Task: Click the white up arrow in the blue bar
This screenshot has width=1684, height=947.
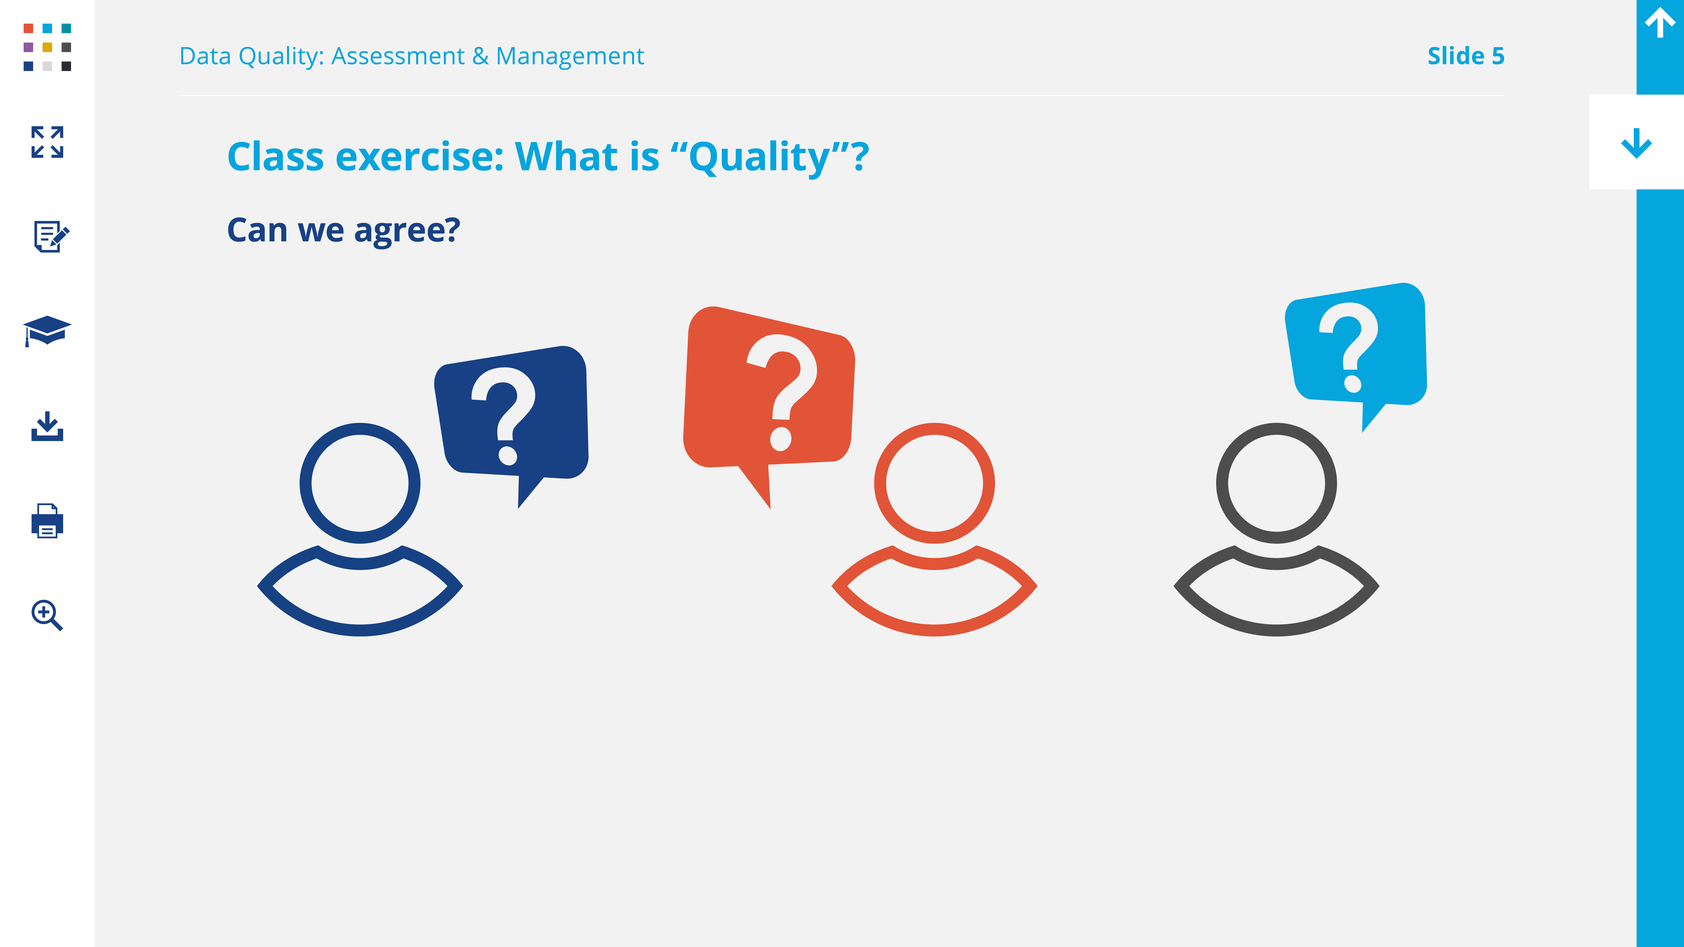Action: click(x=1660, y=23)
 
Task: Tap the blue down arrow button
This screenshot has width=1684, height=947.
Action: click(x=1636, y=142)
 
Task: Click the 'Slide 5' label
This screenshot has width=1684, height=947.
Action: click(x=1466, y=56)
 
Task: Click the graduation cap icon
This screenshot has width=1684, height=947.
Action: click(x=47, y=331)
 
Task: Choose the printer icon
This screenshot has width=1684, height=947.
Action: click(x=47, y=521)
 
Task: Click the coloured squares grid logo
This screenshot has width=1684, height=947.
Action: click(x=47, y=47)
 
